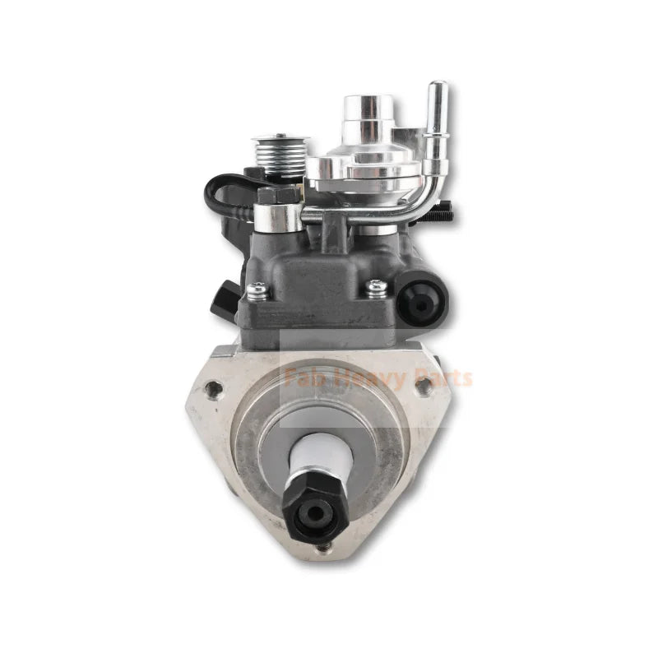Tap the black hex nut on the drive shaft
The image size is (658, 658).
coord(312,504)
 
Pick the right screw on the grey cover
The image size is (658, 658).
coord(378,287)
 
